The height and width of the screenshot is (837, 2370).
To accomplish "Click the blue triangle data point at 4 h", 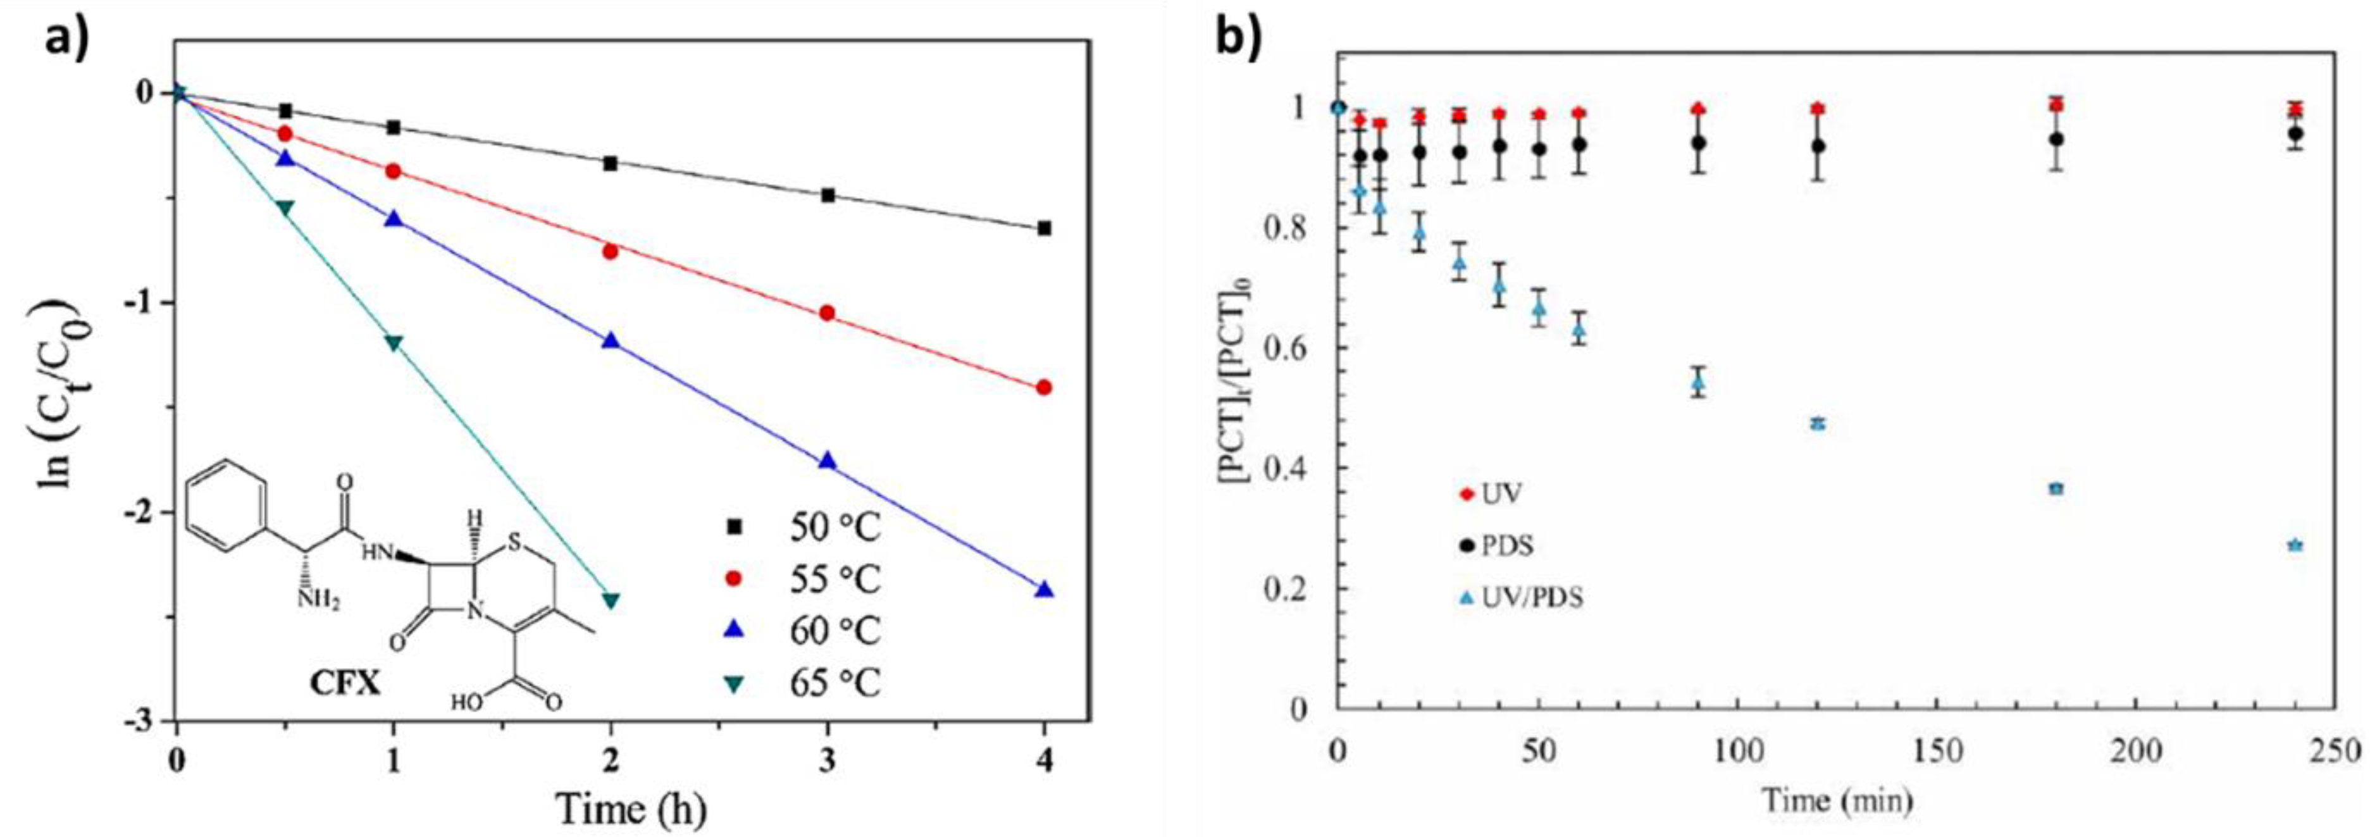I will click(x=1043, y=590).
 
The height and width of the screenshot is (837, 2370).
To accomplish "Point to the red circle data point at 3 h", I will click(x=827, y=313).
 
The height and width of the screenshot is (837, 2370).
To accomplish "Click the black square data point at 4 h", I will click(x=1043, y=228).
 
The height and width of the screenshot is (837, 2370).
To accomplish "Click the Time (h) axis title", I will click(x=632, y=809).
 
